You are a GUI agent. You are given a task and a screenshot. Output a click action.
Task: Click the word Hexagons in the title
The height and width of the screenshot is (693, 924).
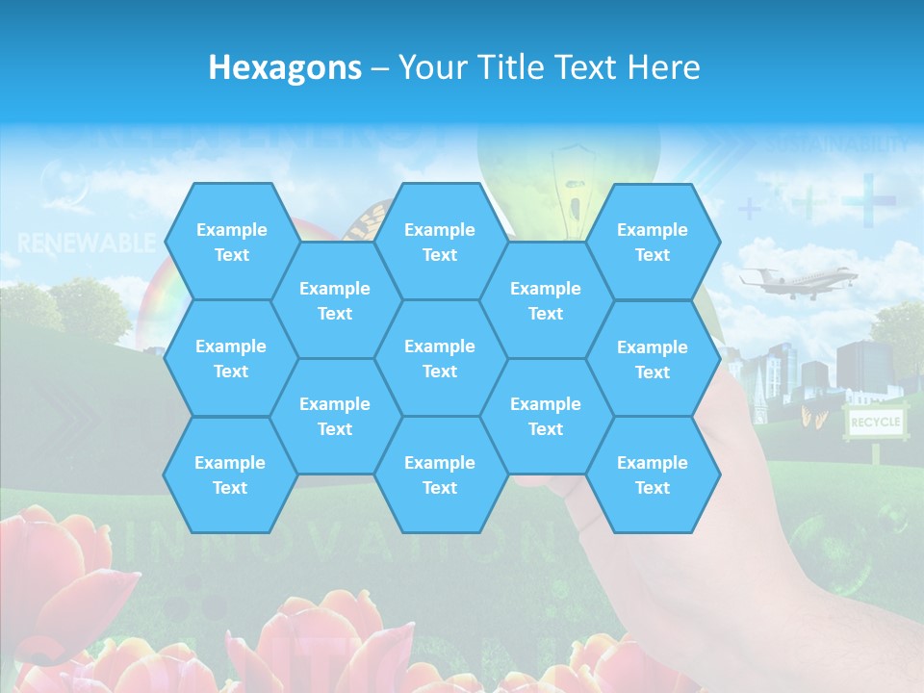tap(285, 67)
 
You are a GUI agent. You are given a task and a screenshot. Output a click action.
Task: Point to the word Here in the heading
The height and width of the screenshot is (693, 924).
tap(663, 67)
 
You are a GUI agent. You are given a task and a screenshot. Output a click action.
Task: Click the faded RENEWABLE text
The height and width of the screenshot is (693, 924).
tap(87, 242)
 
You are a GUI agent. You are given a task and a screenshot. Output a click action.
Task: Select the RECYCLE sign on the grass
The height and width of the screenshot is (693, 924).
tap(875, 423)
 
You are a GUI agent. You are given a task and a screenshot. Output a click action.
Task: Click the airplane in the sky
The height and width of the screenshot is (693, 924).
tap(797, 281)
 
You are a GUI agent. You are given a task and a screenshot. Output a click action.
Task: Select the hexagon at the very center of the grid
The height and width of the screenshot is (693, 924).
tap(440, 358)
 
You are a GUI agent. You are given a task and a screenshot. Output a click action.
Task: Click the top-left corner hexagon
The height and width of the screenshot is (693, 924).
tap(231, 242)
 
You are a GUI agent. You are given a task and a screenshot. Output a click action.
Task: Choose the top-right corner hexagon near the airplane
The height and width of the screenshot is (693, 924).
tap(653, 242)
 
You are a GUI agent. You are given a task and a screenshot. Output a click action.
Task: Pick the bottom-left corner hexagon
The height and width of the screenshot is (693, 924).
tap(230, 475)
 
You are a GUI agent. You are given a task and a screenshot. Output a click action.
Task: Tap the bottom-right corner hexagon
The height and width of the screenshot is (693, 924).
tap(653, 475)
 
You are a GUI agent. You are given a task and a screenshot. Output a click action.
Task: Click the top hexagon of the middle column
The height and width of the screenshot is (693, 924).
tap(440, 242)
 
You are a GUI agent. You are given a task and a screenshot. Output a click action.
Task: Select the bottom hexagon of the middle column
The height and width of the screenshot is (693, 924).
tap(440, 475)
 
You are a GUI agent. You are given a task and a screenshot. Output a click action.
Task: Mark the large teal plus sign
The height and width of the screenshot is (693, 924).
tap(868, 200)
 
